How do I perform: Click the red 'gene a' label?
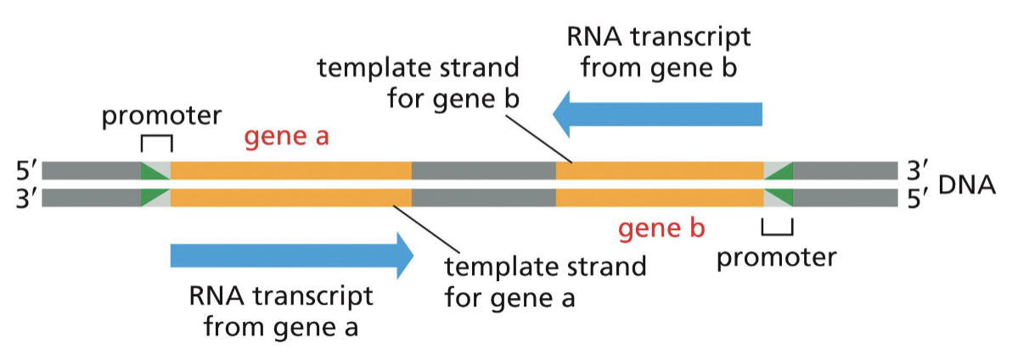pyautogui.click(x=287, y=138)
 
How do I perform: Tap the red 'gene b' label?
pyautogui.click(x=661, y=228)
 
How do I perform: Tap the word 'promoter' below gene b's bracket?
pyautogui.click(x=776, y=256)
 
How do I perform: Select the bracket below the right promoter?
pyautogui.click(x=777, y=228)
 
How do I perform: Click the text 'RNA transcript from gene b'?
pyautogui.click(x=658, y=53)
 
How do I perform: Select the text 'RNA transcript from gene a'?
pyautogui.click(x=281, y=310)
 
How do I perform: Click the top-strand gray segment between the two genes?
pyautogui.click(x=483, y=171)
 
